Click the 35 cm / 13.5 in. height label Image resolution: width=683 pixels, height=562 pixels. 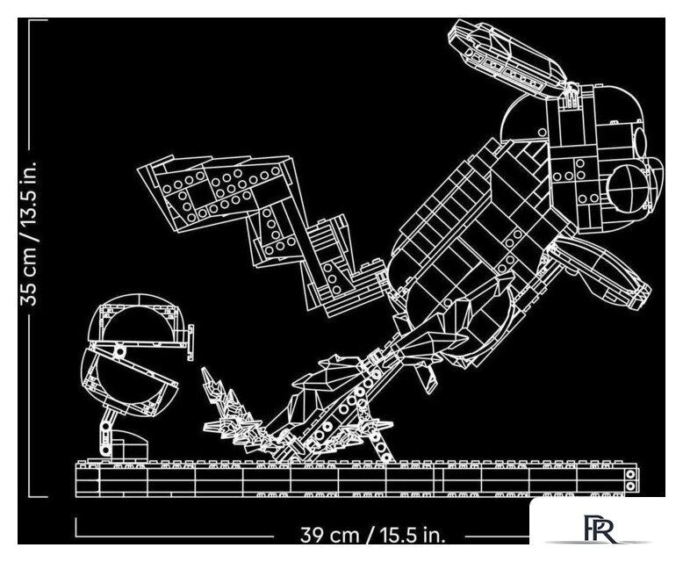point(30,233)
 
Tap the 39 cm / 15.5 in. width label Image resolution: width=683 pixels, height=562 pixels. point(373,535)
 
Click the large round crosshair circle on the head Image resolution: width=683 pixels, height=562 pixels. point(628,186)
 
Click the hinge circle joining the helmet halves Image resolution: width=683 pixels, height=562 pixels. point(119,350)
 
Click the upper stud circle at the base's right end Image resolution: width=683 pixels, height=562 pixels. point(630,474)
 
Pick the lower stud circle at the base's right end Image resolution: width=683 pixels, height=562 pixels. point(630,486)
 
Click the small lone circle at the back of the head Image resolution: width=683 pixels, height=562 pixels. point(543,132)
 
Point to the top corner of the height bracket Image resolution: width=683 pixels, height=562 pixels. point(30,20)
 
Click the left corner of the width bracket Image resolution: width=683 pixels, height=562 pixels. point(76,536)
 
